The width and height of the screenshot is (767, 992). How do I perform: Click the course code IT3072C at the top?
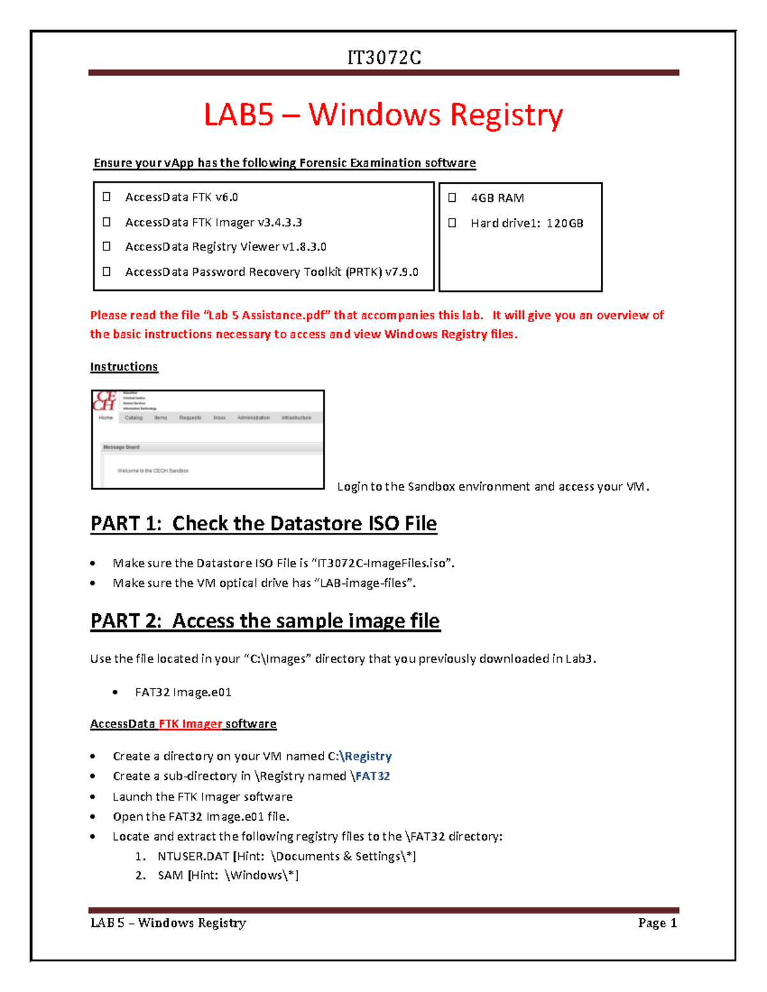click(x=383, y=58)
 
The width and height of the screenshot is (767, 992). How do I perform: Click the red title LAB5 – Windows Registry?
click(x=383, y=115)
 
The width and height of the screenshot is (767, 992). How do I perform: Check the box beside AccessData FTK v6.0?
click(x=107, y=197)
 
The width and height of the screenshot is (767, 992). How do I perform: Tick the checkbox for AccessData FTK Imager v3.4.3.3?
click(x=107, y=222)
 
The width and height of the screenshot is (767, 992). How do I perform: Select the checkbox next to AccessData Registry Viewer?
click(x=107, y=247)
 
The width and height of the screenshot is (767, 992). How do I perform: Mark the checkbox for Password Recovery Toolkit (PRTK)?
click(x=107, y=271)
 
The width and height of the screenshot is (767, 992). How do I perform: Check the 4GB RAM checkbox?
click(x=453, y=198)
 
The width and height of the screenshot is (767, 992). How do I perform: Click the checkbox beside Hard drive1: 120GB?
click(x=453, y=223)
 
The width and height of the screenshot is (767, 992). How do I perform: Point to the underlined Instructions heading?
click(x=124, y=367)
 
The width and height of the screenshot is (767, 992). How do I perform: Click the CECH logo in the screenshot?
click(x=105, y=401)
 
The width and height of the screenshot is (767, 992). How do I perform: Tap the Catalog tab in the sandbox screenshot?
click(x=134, y=418)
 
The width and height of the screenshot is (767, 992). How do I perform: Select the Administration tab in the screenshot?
click(x=253, y=418)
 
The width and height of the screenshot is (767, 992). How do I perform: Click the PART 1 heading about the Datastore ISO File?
click(x=263, y=524)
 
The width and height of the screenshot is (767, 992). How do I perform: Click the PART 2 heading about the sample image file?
click(x=265, y=621)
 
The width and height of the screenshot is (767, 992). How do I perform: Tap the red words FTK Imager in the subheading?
click(x=190, y=724)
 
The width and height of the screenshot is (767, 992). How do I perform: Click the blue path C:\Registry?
click(x=359, y=756)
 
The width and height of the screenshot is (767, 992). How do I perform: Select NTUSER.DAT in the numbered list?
click(x=193, y=857)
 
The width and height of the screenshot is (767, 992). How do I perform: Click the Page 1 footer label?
click(x=657, y=923)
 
